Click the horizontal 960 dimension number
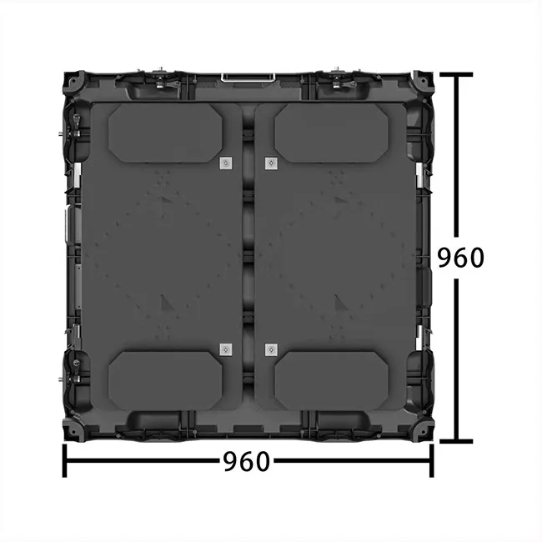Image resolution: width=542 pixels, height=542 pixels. (247, 461)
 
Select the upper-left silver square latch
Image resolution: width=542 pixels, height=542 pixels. (225, 163)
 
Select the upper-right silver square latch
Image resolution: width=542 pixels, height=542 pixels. (270, 163)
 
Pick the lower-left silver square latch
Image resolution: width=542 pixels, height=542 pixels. (225, 349)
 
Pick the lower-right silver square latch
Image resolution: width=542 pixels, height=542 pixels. (270, 349)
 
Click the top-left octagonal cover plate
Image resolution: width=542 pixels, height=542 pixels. (166, 133)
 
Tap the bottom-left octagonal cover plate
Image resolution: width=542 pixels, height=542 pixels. (166, 380)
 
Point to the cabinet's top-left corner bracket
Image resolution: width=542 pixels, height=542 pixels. (73, 83)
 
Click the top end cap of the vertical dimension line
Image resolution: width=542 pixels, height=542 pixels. (456, 74)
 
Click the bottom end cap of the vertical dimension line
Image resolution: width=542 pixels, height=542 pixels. (456, 441)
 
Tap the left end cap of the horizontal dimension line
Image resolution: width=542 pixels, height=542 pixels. (65, 461)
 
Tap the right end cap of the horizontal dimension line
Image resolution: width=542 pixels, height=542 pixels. (432, 461)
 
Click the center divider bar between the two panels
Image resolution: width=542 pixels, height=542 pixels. (248, 258)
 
